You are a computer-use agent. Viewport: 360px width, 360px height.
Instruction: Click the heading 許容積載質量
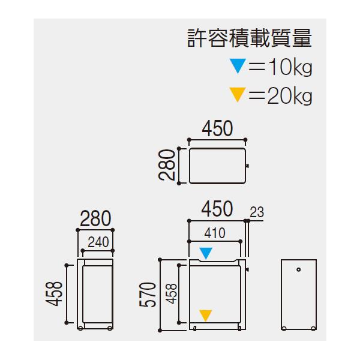click(250, 38)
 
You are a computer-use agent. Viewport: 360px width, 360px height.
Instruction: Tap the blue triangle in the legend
click(238, 65)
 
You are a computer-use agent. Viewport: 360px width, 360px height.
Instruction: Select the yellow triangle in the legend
click(238, 94)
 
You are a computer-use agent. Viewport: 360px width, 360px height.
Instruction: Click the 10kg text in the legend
click(290, 67)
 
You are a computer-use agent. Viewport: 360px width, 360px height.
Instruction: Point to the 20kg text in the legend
click(290, 96)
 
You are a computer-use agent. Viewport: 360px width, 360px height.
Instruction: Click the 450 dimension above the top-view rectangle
click(217, 128)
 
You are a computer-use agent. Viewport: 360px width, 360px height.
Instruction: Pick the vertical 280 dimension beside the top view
click(167, 165)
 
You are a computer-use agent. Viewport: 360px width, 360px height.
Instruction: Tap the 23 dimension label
click(257, 212)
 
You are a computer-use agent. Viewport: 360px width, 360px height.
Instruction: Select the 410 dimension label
click(215, 233)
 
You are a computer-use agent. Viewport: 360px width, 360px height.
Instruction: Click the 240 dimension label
click(98, 242)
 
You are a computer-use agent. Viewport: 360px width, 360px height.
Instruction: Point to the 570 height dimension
click(148, 295)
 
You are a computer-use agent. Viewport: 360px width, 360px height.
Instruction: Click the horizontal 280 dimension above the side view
click(95, 218)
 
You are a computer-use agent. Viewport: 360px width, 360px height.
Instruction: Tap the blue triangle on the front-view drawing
click(206, 253)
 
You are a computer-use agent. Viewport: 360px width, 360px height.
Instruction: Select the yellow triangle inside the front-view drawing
click(205, 316)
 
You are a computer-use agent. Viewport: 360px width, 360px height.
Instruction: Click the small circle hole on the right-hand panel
click(298, 269)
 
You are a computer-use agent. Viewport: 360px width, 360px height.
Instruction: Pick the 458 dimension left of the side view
click(54, 294)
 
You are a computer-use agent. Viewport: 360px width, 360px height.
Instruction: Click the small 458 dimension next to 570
click(172, 294)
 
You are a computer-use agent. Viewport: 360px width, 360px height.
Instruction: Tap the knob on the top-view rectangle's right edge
click(247, 166)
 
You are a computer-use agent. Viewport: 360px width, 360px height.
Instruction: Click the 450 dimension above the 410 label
click(217, 209)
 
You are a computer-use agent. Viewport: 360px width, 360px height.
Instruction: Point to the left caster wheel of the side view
click(80, 328)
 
